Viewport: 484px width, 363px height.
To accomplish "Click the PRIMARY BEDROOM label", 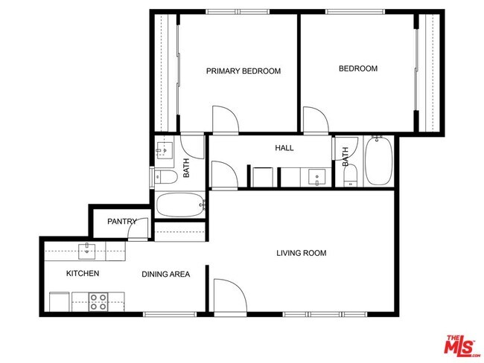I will [x=243, y=71].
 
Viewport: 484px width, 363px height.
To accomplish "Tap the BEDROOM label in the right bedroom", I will [x=357, y=68].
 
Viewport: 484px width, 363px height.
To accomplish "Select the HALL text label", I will [x=284, y=148].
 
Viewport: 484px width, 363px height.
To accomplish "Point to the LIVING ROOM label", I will [x=301, y=253].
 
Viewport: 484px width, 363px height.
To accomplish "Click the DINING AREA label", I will [x=165, y=274].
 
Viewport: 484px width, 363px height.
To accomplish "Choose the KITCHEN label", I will [x=83, y=273].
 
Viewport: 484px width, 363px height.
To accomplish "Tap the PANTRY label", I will [x=121, y=222].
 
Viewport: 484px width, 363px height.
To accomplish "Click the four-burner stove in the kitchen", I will [x=98, y=301].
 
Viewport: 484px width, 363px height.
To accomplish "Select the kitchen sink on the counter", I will [x=88, y=248].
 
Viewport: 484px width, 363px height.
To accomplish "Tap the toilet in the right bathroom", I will [x=350, y=177].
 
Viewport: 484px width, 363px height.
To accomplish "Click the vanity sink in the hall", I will [x=316, y=178].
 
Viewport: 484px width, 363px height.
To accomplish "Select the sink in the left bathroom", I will [x=163, y=150].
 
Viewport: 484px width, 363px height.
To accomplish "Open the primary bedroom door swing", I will [x=225, y=119].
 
